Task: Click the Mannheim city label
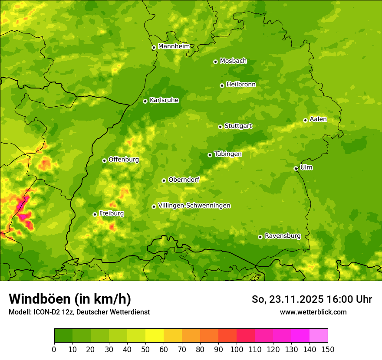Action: (x=174, y=46)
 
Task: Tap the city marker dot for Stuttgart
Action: (x=221, y=127)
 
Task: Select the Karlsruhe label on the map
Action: (x=164, y=100)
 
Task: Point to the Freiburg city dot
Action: (x=95, y=214)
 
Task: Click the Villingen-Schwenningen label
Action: (x=194, y=206)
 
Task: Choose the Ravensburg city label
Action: (x=283, y=236)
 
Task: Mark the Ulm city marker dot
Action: (x=296, y=168)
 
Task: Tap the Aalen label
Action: (x=318, y=119)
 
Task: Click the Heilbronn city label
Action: (x=241, y=85)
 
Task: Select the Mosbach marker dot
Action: (x=215, y=62)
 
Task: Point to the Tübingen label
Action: (x=228, y=154)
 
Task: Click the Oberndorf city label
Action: (x=184, y=180)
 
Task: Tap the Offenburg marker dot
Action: (x=104, y=160)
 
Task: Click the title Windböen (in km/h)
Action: (x=70, y=299)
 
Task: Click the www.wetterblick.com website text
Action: (x=313, y=312)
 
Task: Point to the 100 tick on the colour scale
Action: (x=237, y=349)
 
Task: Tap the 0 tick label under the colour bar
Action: (x=54, y=349)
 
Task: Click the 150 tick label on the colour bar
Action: (x=328, y=349)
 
